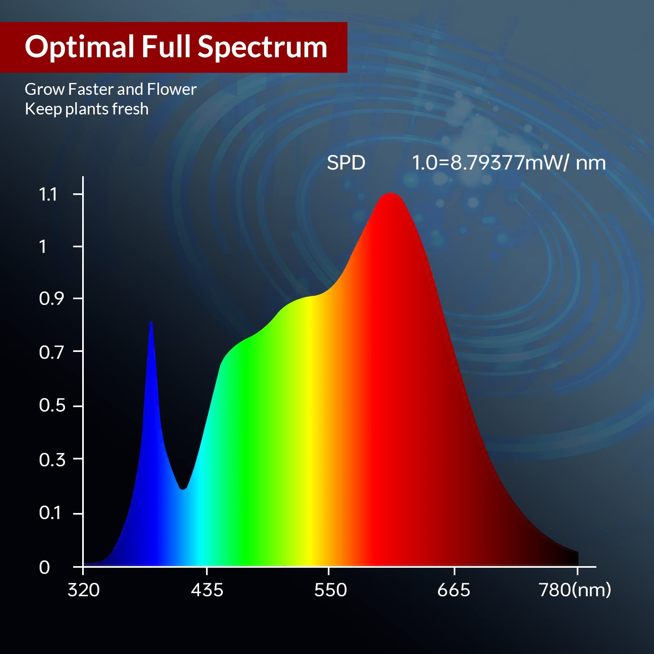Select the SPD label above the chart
tap(346, 163)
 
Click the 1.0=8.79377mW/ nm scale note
tap(508, 163)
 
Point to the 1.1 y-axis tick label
tap(48, 194)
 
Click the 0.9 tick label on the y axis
tap(52, 299)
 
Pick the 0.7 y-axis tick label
tap(52, 352)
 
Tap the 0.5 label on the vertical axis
tap(52, 405)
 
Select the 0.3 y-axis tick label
tap(52, 460)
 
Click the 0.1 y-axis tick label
tap(50, 513)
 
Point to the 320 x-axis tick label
tap(83, 590)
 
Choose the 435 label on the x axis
tap(207, 590)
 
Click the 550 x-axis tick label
tap(330, 590)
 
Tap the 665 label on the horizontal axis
tap(453, 590)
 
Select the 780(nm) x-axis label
tap(575, 590)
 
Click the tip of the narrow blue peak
tap(151, 323)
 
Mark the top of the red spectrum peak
tap(391, 194)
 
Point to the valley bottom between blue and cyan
tap(183, 488)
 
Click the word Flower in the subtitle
tap(172, 89)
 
